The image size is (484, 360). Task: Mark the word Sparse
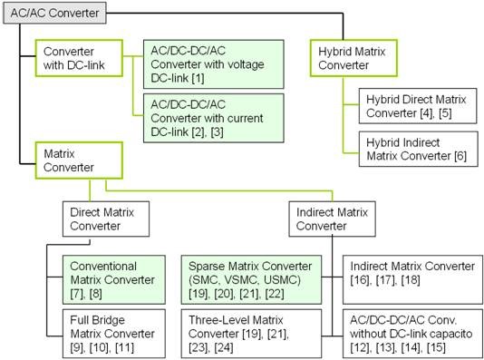[x=208, y=267]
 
